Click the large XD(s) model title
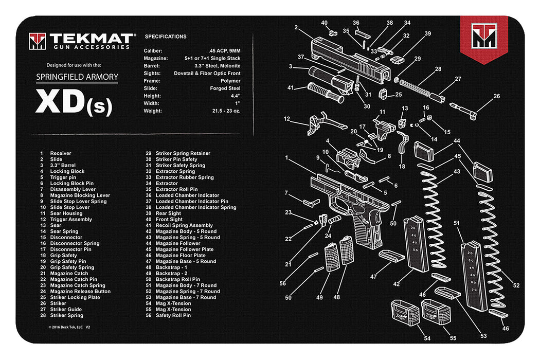coord(73,103)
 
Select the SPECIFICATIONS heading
coord(166,37)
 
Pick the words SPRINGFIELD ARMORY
coord(77,77)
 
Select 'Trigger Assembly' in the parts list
coord(70,220)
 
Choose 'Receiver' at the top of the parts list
coord(61,153)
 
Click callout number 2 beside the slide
coord(296,27)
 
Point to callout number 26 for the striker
coord(496,96)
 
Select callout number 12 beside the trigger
coord(287,119)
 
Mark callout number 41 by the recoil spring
coord(291,88)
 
